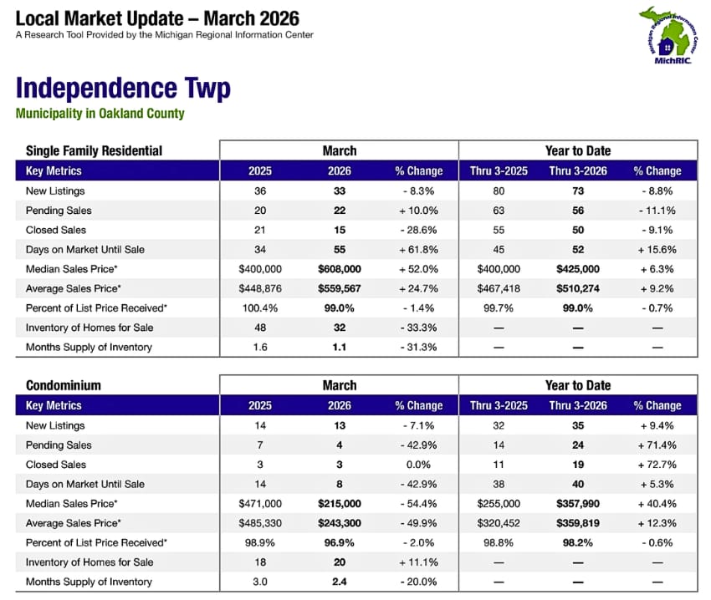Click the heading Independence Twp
[x=123, y=89]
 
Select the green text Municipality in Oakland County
[x=100, y=114]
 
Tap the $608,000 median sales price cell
[x=340, y=269]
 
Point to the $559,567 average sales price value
[x=340, y=288]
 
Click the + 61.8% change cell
[x=418, y=250]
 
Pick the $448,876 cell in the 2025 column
[x=260, y=288]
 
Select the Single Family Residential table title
[x=94, y=151]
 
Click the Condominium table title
[x=64, y=386]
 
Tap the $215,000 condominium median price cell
[x=340, y=504]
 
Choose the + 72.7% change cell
[x=657, y=465]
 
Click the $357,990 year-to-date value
[x=578, y=504]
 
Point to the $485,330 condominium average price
[x=260, y=523]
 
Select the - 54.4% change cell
[x=418, y=504]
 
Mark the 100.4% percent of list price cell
[x=260, y=308]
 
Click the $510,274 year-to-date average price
[x=578, y=288]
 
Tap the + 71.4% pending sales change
[x=657, y=445]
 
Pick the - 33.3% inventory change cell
[x=418, y=328]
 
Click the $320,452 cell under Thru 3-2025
[x=499, y=523]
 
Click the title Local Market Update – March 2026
[x=157, y=18]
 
